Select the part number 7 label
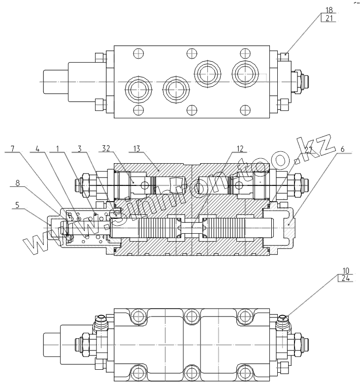point(12,148)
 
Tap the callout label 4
point(37,148)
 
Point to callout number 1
point(58,148)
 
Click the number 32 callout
point(105,148)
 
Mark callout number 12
point(240,148)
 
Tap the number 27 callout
point(308,149)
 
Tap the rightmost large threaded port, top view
point(243,73)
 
